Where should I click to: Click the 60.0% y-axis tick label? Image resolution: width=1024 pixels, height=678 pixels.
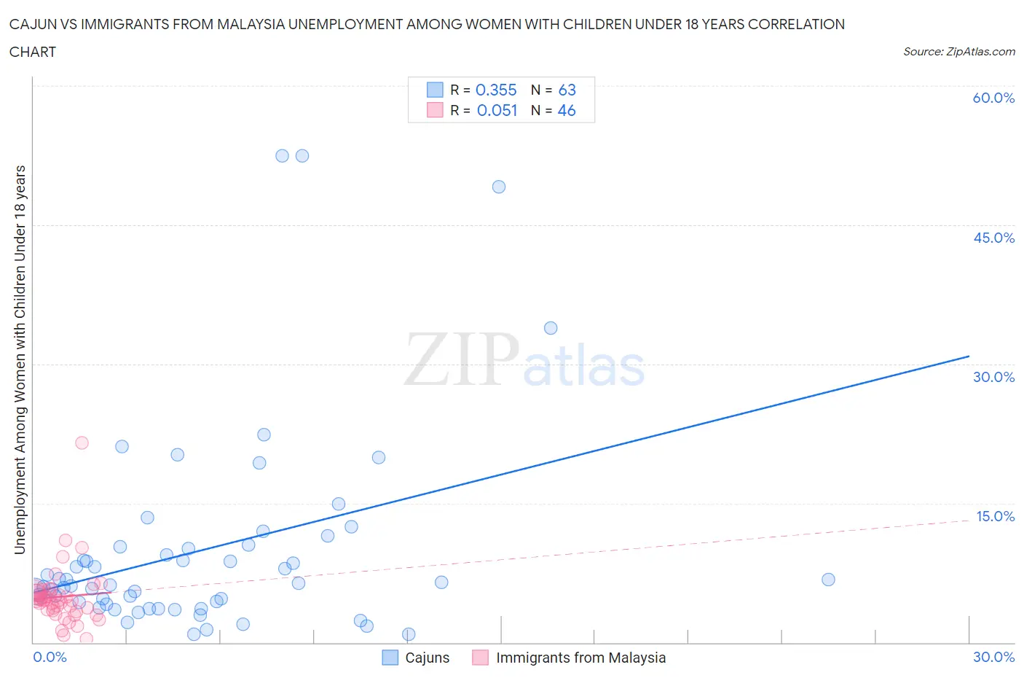tap(993, 98)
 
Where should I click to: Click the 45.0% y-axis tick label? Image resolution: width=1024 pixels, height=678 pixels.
tap(993, 238)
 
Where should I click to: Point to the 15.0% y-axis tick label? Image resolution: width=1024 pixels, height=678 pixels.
tap(994, 516)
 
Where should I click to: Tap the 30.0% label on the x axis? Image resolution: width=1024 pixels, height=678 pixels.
tap(993, 657)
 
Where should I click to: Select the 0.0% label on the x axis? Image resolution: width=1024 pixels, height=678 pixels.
tap(50, 657)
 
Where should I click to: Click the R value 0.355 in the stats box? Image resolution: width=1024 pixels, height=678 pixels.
tap(496, 90)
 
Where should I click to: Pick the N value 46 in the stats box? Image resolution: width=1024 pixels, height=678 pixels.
tap(567, 110)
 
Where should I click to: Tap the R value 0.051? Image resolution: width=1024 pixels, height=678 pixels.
tap(497, 110)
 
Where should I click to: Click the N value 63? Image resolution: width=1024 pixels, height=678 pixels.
tap(567, 90)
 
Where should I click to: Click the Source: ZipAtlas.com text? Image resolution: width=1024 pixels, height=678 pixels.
tap(958, 51)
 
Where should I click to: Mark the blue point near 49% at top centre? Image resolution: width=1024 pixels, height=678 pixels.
tap(499, 187)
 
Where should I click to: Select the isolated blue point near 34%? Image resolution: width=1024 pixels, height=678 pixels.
tap(551, 328)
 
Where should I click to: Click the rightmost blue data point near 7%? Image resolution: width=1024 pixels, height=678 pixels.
tap(828, 580)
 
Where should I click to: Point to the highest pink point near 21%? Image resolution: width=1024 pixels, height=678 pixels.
tap(82, 443)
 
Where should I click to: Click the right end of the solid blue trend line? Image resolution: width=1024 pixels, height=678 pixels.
tap(969, 356)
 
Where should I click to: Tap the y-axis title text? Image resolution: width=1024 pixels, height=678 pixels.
tap(20, 359)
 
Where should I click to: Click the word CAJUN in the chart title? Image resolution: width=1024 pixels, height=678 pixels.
tap(33, 24)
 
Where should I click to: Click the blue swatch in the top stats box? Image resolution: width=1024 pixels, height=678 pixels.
tap(435, 90)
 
